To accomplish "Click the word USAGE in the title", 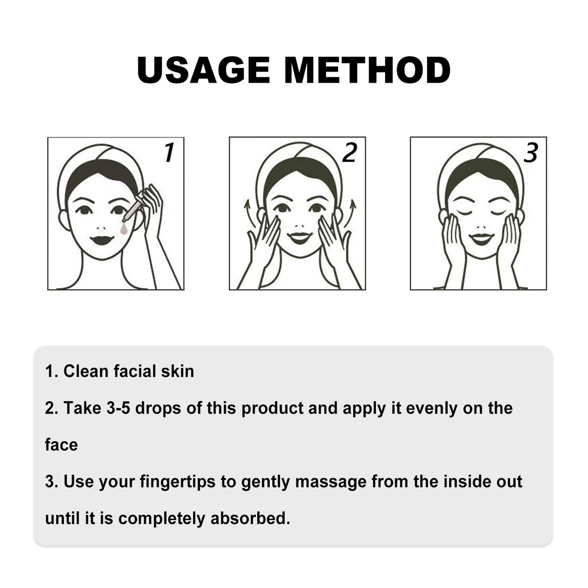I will (x=203, y=70).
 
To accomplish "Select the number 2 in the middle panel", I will (x=349, y=153).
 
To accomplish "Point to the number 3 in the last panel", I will (x=531, y=153).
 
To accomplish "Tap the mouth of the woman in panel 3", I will (x=481, y=239).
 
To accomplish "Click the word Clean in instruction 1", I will (x=86, y=371).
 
